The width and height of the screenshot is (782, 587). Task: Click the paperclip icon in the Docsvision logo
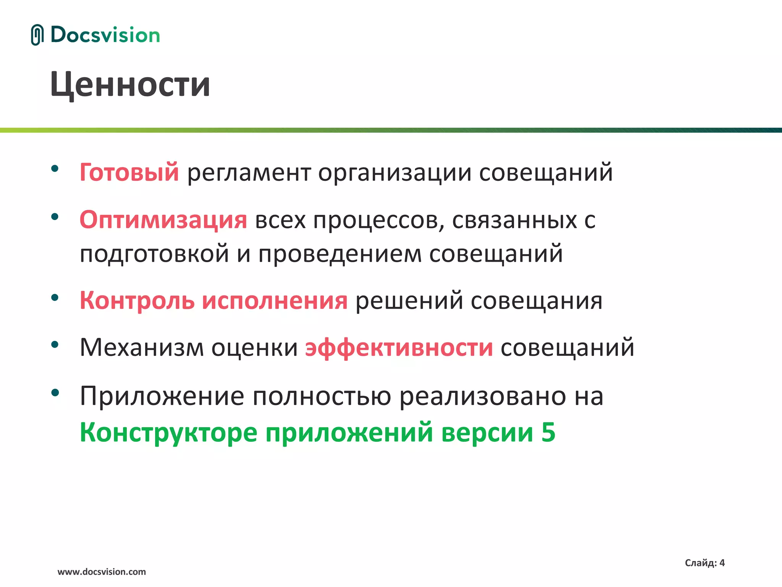[37, 35]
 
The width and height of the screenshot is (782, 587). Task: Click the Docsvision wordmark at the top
[105, 35]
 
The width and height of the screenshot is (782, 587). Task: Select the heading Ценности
[130, 85]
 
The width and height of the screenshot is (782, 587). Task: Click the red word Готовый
[129, 172]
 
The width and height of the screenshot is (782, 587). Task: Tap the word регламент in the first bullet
[249, 173]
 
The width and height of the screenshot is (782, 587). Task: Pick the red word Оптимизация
[163, 220]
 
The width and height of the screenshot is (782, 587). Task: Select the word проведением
[340, 254]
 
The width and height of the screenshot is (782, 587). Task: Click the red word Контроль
[137, 300]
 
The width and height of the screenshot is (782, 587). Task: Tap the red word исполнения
[275, 301]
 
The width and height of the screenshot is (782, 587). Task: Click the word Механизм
[142, 347]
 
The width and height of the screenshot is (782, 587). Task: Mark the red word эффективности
[399, 348]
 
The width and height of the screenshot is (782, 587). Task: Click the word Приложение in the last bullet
[162, 396]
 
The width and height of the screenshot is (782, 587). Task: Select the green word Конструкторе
[168, 433]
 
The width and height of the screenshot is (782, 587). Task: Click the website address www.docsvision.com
[102, 572]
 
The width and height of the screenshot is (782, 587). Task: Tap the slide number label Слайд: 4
[704, 563]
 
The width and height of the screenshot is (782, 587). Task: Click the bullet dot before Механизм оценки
[55, 344]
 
